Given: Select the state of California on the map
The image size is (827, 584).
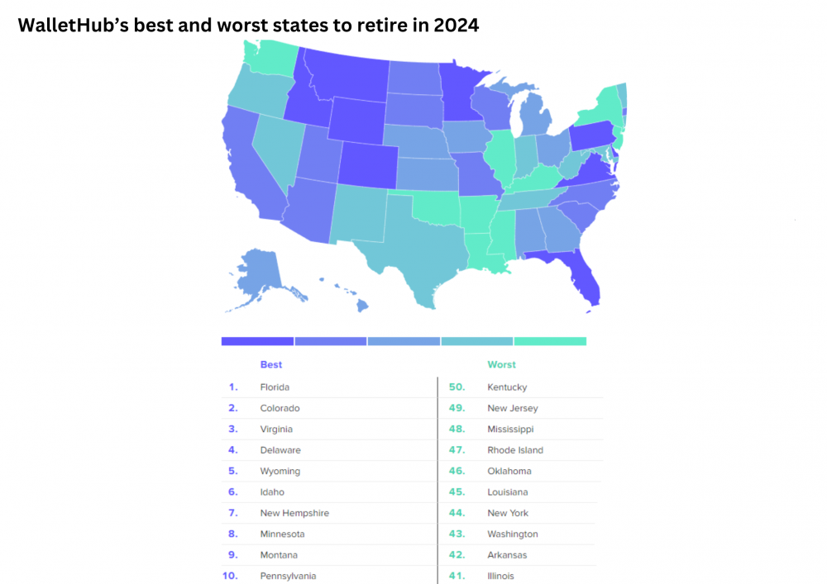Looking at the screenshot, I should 248,165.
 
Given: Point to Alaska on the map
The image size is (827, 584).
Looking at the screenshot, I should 261,273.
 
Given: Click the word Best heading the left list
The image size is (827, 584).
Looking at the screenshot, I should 271,364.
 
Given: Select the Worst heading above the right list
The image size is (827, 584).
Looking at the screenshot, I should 502,364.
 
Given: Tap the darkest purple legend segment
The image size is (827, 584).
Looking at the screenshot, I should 257,341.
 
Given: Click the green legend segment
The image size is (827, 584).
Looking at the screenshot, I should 550,341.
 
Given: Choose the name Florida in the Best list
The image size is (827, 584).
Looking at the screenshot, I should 275,387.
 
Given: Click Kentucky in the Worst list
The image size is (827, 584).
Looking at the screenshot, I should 507,387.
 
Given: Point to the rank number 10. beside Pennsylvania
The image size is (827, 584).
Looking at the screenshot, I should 230,576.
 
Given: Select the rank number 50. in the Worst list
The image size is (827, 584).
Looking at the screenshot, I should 457,387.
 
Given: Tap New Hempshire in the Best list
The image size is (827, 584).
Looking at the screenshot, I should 294,513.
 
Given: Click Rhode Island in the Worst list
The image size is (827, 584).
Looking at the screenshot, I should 515,450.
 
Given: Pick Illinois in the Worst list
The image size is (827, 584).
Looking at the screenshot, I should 500,576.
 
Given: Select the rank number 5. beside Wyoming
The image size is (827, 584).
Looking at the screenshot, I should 233,471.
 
